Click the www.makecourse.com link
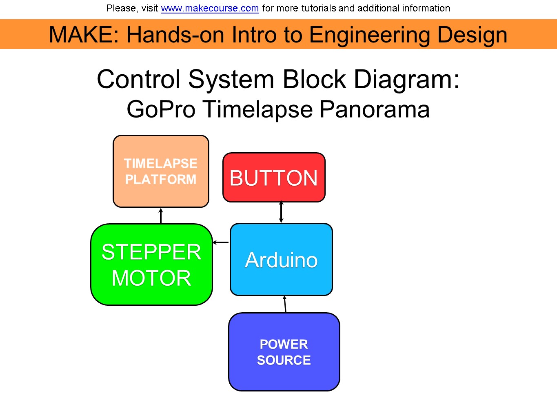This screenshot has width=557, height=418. point(210,8)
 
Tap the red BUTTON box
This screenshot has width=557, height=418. point(274,178)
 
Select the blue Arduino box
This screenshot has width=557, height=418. point(281,260)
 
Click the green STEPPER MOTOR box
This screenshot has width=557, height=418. point(151,265)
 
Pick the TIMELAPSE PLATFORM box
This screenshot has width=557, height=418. point(161,171)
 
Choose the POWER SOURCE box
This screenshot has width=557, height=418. point(284,352)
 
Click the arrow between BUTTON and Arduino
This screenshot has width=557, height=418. point(281,212)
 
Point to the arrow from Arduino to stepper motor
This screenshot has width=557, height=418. point(221,242)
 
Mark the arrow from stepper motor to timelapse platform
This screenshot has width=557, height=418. point(161,216)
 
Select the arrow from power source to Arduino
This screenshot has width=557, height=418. point(285,304)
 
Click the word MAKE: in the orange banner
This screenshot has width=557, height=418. point(84,35)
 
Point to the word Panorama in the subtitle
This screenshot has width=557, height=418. point(374,109)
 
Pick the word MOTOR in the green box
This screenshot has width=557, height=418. point(151,278)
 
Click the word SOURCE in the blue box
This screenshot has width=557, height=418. point(284,360)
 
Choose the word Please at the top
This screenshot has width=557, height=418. point(121,8)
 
